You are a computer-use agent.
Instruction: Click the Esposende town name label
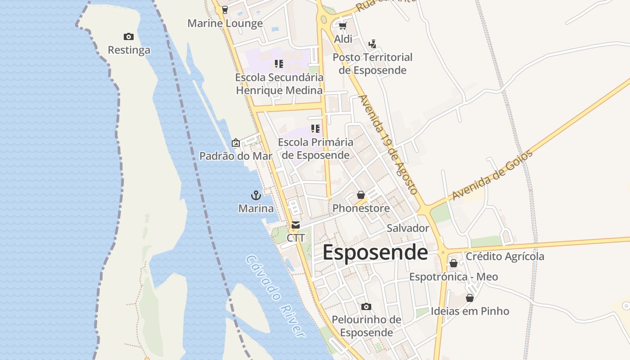(x=375, y=252)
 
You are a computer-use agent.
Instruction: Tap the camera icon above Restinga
(x=128, y=36)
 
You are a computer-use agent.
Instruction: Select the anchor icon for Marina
(x=256, y=195)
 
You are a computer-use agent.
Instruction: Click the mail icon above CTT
(x=295, y=225)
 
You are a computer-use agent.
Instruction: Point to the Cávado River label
(x=276, y=296)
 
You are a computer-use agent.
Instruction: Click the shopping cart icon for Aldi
(x=342, y=26)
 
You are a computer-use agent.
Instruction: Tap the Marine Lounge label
(x=225, y=23)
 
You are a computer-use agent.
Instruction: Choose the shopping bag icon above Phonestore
(x=360, y=195)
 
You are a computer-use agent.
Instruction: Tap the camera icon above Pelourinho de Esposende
(x=366, y=306)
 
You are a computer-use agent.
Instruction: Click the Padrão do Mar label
(x=236, y=156)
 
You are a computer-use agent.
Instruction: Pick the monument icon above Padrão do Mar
(x=235, y=143)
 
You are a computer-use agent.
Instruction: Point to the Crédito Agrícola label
(x=504, y=256)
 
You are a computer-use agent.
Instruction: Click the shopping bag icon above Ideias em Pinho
(x=469, y=298)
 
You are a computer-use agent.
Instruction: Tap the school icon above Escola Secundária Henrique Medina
(x=279, y=64)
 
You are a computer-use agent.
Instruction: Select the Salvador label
(x=408, y=228)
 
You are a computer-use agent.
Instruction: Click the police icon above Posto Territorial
(x=372, y=44)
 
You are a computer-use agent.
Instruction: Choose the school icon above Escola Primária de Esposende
(x=315, y=129)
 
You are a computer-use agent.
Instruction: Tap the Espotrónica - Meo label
(x=453, y=277)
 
